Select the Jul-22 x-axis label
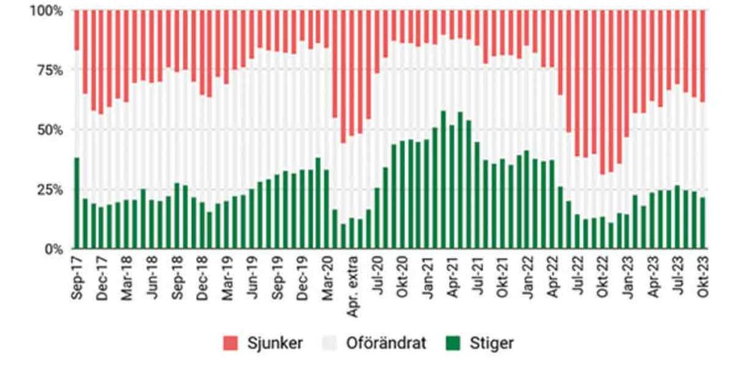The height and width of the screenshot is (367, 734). (578, 277)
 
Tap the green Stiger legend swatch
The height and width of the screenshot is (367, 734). (449, 343)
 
